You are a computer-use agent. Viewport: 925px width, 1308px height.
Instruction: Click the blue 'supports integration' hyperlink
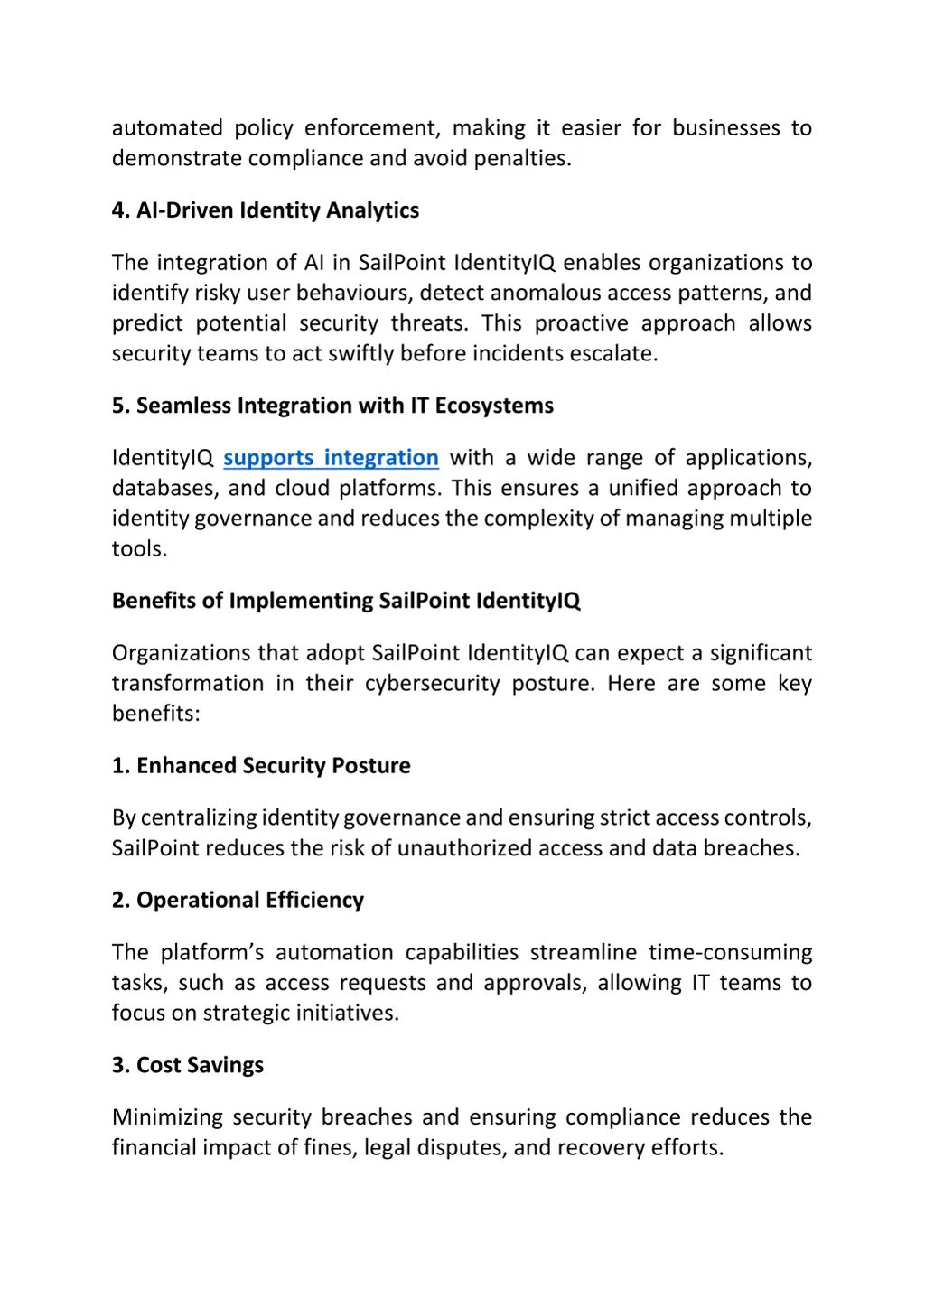(331, 458)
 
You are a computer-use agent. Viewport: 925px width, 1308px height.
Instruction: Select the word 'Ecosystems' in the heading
(494, 406)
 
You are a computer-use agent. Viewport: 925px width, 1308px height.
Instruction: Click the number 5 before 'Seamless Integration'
(118, 406)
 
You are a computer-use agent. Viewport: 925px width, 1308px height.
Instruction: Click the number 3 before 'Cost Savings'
(118, 1065)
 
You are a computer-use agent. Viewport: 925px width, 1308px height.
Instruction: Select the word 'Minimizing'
(167, 1117)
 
